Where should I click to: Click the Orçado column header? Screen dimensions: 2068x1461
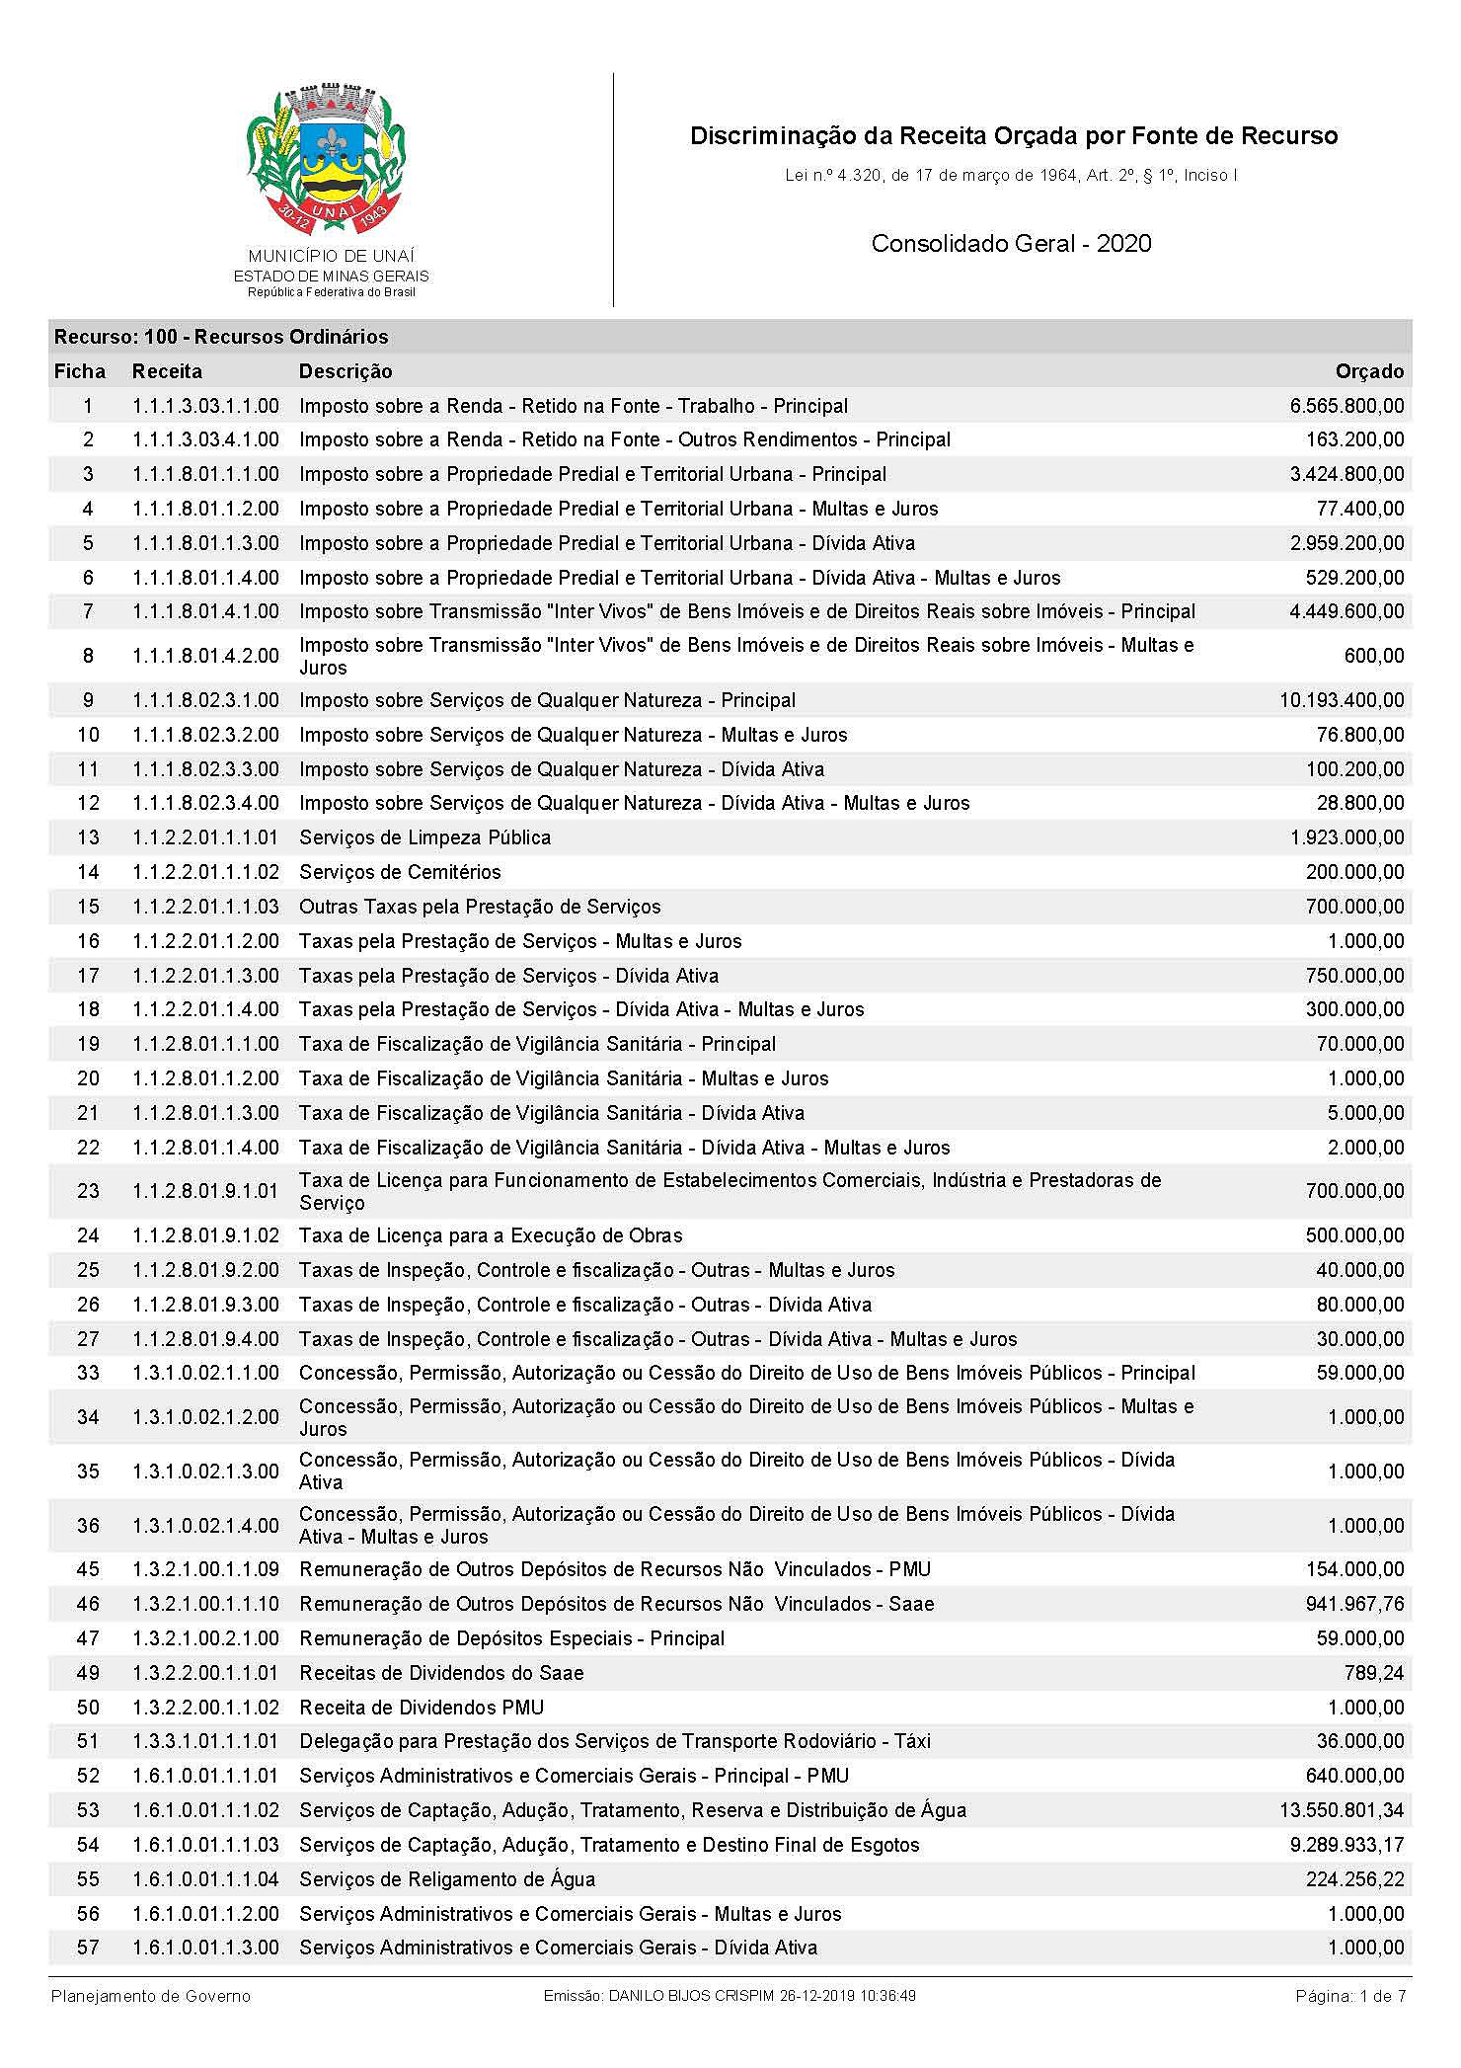[x=1368, y=371]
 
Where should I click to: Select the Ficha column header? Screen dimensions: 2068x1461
[x=79, y=371]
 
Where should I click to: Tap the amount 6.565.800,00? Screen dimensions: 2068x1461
[x=1346, y=406]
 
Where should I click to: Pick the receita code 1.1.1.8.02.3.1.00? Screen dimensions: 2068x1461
[x=205, y=700]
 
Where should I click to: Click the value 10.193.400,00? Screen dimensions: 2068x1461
[x=1342, y=700]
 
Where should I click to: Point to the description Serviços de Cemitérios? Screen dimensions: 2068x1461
[x=400, y=872]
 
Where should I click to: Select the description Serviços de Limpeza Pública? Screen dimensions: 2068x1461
[x=424, y=837]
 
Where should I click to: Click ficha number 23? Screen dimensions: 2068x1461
[x=88, y=1191]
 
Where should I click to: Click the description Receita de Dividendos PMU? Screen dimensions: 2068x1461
[x=422, y=1708]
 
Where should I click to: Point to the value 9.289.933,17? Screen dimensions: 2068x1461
[x=1346, y=1845]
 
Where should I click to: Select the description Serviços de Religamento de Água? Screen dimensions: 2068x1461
[x=447, y=1879]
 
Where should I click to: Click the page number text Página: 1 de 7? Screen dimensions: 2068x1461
[x=1350, y=1996]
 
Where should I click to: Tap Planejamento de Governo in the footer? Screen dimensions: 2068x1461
[x=151, y=1996]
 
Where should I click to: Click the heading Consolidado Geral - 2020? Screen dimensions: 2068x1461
[x=1011, y=244]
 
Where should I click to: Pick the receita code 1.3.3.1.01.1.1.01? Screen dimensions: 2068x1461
[x=205, y=1741]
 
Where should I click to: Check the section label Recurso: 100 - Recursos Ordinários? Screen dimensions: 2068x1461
[x=221, y=337]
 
